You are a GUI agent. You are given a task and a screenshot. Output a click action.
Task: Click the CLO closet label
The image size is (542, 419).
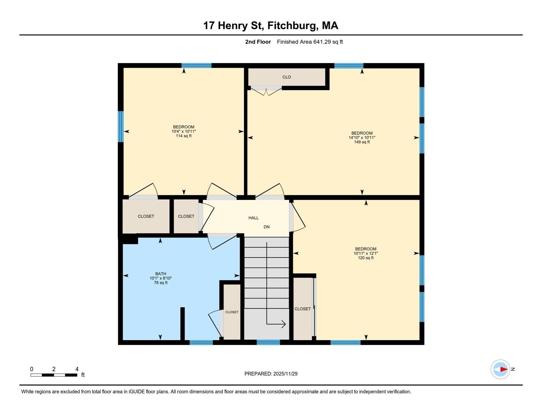click(x=287, y=77)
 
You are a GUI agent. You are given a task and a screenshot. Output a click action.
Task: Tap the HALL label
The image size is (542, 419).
click(x=253, y=218)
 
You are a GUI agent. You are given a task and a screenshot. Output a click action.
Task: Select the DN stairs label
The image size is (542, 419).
click(x=266, y=227)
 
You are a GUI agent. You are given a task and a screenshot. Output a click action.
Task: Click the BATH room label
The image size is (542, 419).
click(x=161, y=274)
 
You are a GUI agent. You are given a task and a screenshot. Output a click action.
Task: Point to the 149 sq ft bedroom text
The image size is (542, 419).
click(x=362, y=142)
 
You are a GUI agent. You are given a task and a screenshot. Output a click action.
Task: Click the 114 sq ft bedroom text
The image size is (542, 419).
click(x=183, y=136)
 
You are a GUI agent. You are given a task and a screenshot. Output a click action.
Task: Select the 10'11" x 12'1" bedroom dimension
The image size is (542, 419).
click(x=366, y=253)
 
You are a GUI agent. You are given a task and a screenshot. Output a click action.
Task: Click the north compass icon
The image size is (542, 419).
click(x=500, y=369)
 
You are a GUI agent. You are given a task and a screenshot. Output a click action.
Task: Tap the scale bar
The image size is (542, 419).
click(x=54, y=375)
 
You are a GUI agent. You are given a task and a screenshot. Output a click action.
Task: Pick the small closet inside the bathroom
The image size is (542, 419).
click(x=232, y=312)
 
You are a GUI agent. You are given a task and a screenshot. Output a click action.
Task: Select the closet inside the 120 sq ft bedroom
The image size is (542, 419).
click(x=302, y=309)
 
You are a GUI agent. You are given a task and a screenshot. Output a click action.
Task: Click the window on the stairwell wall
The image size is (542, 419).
click(x=268, y=342)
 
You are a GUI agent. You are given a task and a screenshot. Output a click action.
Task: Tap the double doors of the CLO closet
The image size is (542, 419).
click(x=266, y=91)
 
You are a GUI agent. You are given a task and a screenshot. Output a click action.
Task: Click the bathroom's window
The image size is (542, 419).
click(x=201, y=342)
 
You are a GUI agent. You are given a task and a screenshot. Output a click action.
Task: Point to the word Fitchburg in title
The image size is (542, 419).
click(x=292, y=26)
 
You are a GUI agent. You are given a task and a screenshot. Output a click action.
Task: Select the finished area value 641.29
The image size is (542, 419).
click(x=322, y=42)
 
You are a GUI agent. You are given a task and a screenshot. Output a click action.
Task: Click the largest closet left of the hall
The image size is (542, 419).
click(x=146, y=216)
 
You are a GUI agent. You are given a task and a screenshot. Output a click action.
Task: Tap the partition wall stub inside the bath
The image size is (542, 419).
click(x=182, y=324)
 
